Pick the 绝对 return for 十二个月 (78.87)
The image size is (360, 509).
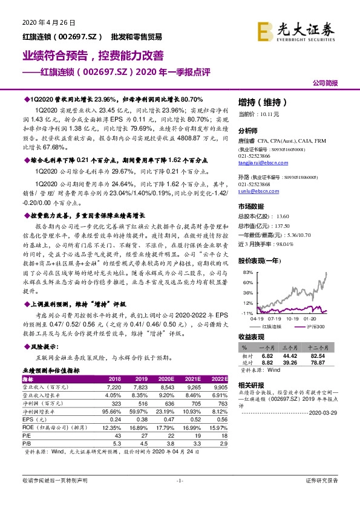click(325, 362)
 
